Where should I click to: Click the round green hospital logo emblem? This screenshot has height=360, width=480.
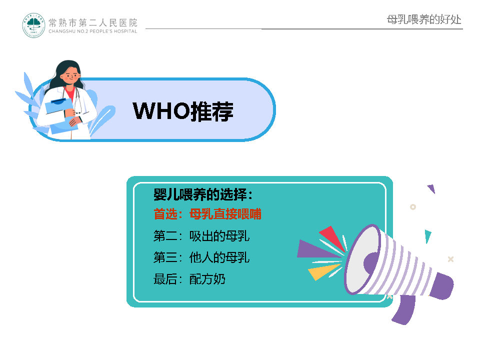[x=33, y=25]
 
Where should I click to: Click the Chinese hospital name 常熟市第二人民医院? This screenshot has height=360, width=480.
[x=93, y=22]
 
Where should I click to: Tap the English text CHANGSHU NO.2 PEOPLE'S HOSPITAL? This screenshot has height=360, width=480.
[x=93, y=31]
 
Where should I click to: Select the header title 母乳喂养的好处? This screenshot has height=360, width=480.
[x=424, y=19]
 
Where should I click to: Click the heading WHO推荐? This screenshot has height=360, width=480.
[x=183, y=111]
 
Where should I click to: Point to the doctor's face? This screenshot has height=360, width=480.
[x=71, y=74]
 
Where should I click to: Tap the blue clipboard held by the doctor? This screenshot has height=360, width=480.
[x=61, y=115]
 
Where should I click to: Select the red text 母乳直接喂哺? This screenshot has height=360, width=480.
[x=225, y=214]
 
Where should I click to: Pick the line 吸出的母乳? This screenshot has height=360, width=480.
[x=219, y=236]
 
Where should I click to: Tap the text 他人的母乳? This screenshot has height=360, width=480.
[x=219, y=257]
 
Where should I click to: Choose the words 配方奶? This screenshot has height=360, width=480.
[x=207, y=279]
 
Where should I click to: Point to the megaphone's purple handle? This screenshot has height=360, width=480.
[x=404, y=309]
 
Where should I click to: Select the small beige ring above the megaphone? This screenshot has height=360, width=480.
[x=413, y=207]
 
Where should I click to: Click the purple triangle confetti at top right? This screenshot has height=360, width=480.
[x=431, y=188]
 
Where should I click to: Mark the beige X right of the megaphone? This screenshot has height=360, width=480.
[x=450, y=259]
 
